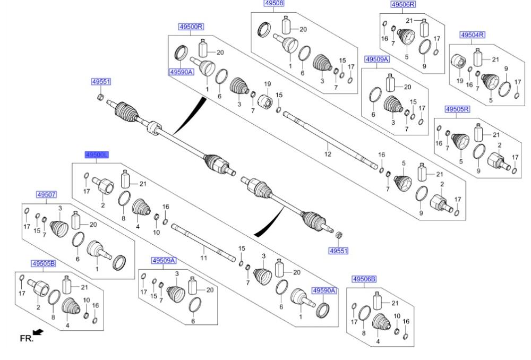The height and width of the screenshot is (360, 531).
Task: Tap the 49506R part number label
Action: (403, 4)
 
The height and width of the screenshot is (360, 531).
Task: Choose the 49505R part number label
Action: (457, 109)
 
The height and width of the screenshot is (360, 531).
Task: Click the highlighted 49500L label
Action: (97, 155)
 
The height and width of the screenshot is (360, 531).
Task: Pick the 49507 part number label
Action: (46, 195)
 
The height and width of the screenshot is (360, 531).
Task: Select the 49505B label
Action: (43, 263)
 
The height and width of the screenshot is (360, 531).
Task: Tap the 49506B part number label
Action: (364, 279)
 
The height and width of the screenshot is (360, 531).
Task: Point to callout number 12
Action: (328, 154)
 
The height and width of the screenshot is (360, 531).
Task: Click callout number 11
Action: (203, 258)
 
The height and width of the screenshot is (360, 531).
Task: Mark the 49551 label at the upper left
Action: (101, 82)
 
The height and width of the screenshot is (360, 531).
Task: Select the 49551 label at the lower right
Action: (338, 250)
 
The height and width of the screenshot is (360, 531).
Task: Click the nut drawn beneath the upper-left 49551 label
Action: (100, 96)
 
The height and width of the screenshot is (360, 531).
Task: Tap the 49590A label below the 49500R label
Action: (181, 71)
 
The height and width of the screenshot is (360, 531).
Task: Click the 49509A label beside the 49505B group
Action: (164, 261)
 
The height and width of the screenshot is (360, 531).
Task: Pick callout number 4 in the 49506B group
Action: (378, 342)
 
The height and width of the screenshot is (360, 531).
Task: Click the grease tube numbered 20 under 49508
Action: (287, 27)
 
